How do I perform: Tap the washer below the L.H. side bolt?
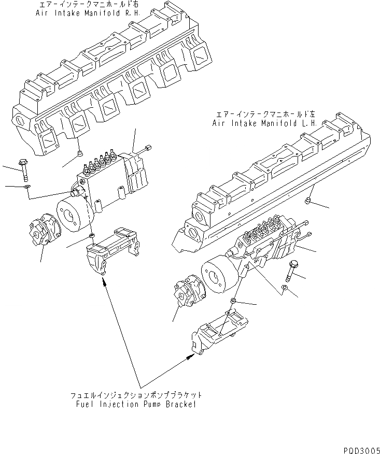point(284,288)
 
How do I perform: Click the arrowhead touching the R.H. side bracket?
point(105,282)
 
